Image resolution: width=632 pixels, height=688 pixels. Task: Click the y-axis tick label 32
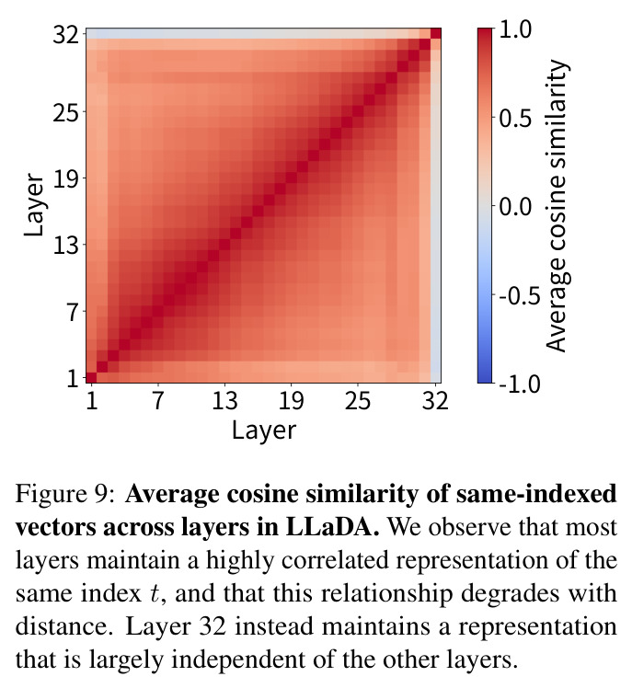click(66, 34)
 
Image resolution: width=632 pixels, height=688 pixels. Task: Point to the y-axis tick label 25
click(66, 113)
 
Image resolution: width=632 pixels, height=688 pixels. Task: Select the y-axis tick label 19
click(66, 179)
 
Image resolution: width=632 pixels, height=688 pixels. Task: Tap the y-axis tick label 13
click(66, 246)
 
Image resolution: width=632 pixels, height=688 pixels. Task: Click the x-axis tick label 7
click(158, 400)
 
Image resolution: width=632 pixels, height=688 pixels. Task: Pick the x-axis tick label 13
click(224, 400)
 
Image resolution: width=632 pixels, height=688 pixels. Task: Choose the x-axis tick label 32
click(435, 400)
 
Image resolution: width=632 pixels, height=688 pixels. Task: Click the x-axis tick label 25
click(358, 400)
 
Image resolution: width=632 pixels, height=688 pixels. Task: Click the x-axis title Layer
click(264, 430)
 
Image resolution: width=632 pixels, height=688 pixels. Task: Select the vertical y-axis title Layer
click(34, 205)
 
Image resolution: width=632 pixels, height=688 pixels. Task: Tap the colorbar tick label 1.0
click(515, 29)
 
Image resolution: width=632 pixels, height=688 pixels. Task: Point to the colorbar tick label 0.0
click(515, 206)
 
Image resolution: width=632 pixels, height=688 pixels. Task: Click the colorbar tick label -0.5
click(520, 295)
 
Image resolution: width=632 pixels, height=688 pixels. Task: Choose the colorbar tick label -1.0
click(520, 384)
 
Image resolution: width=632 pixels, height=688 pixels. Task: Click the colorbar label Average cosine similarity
click(557, 205)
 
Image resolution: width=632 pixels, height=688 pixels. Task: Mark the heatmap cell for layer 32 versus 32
click(436, 33)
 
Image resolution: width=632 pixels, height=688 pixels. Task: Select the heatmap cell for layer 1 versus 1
click(91, 377)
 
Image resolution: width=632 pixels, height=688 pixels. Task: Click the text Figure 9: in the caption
click(66, 495)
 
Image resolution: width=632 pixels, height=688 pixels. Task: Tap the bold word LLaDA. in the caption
click(333, 527)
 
